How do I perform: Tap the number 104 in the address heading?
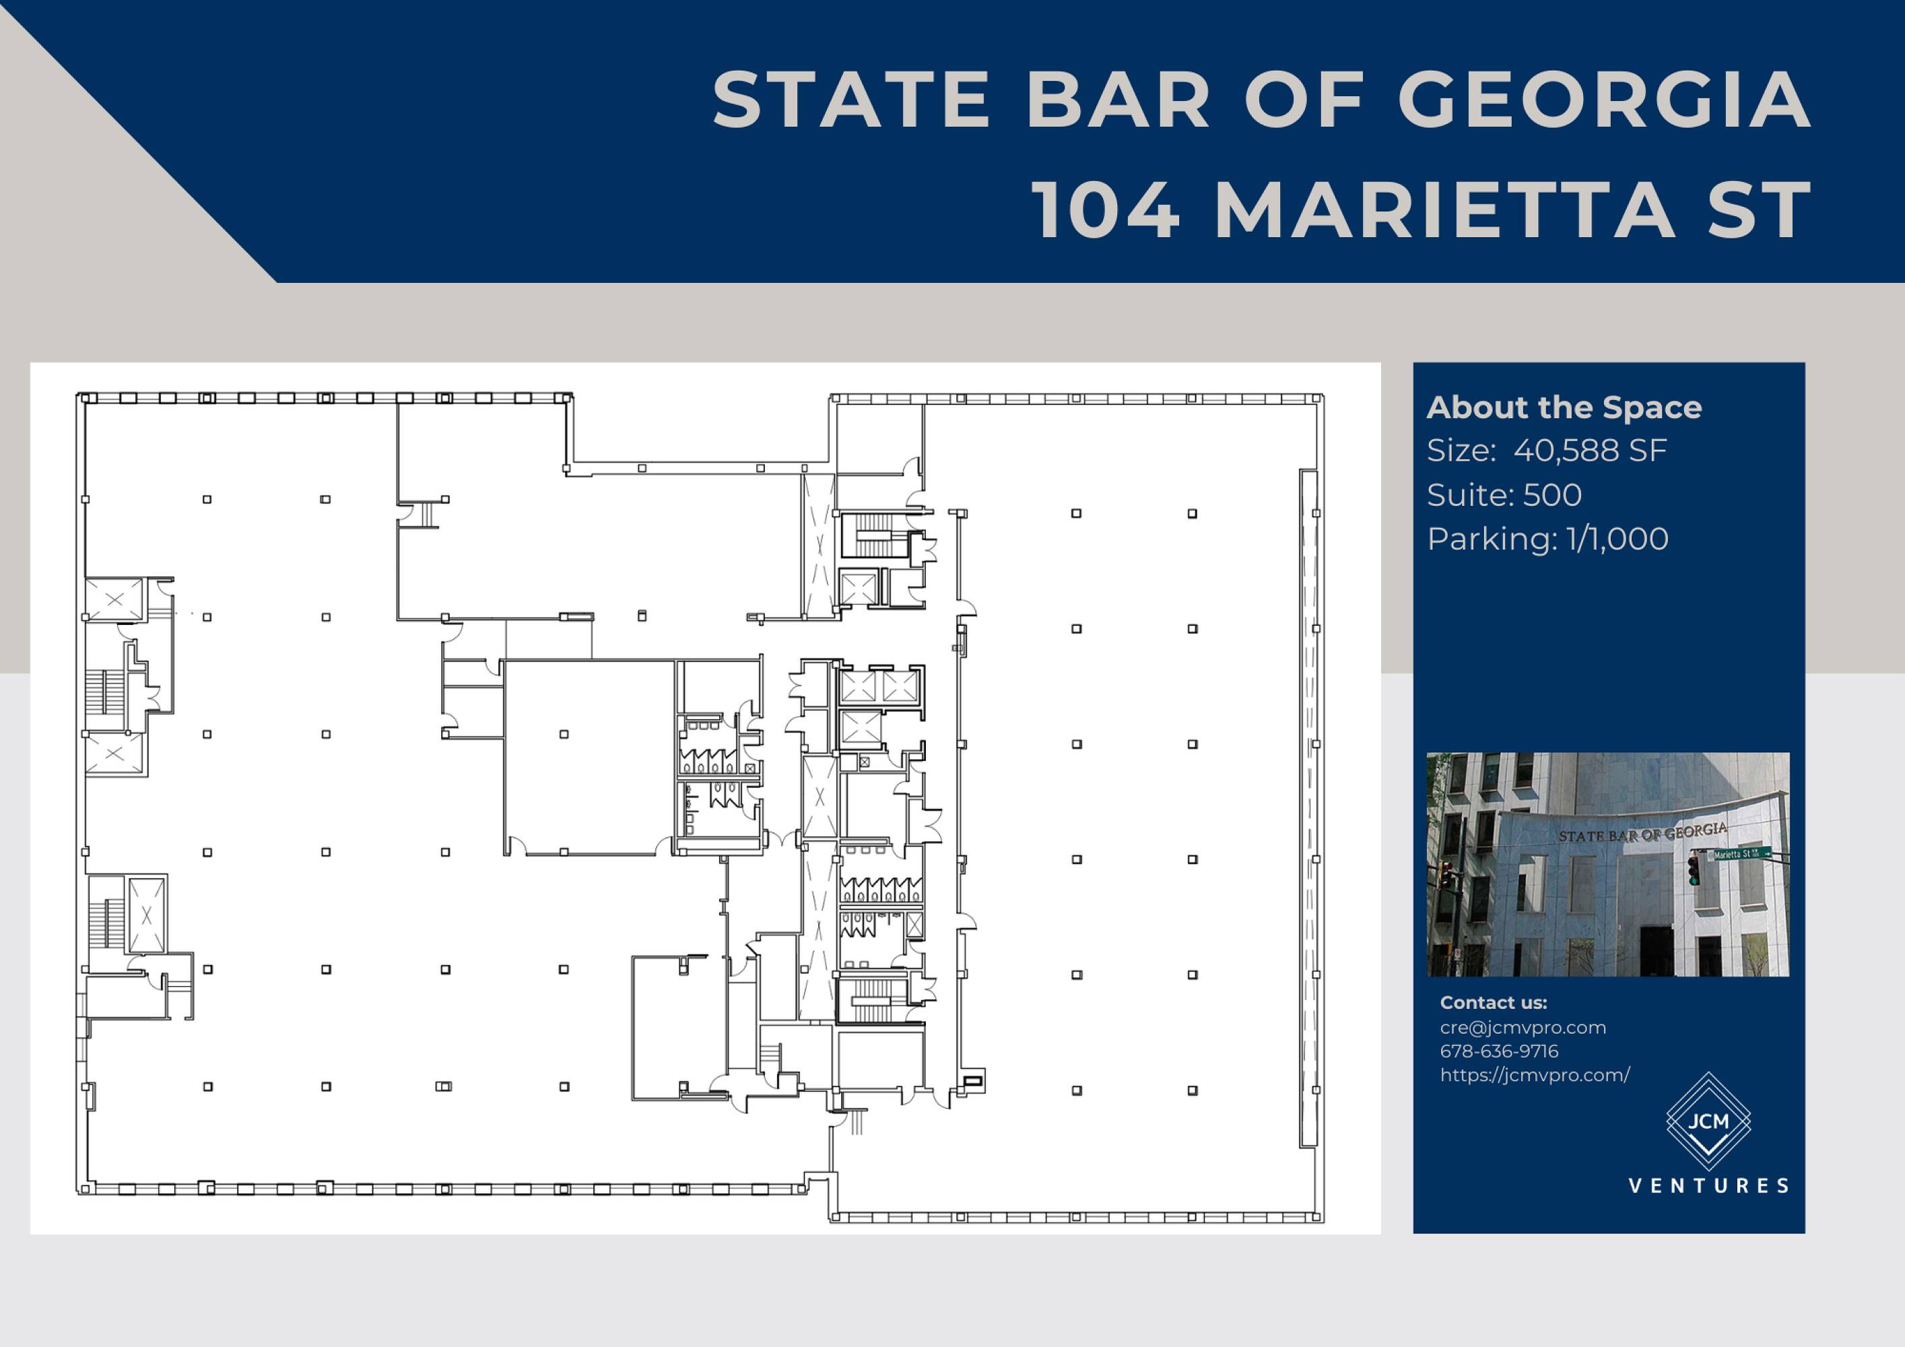click(x=1108, y=211)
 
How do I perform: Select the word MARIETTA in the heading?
click(x=1444, y=211)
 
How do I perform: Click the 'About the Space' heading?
click(x=1564, y=407)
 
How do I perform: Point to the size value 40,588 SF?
click(x=1590, y=451)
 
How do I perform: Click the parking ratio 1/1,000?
click(x=1618, y=539)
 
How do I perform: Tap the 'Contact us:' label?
click(x=1494, y=1003)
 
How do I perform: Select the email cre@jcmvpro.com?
click(x=1523, y=1028)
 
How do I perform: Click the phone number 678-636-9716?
click(x=1499, y=1051)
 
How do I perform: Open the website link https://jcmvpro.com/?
click(x=1535, y=1076)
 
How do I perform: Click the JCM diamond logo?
click(x=1708, y=1122)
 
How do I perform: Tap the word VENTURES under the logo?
click(x=1709, y=1186)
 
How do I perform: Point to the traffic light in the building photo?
click(x=1694, y=869)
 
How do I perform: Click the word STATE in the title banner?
click(x=851, y=100)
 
